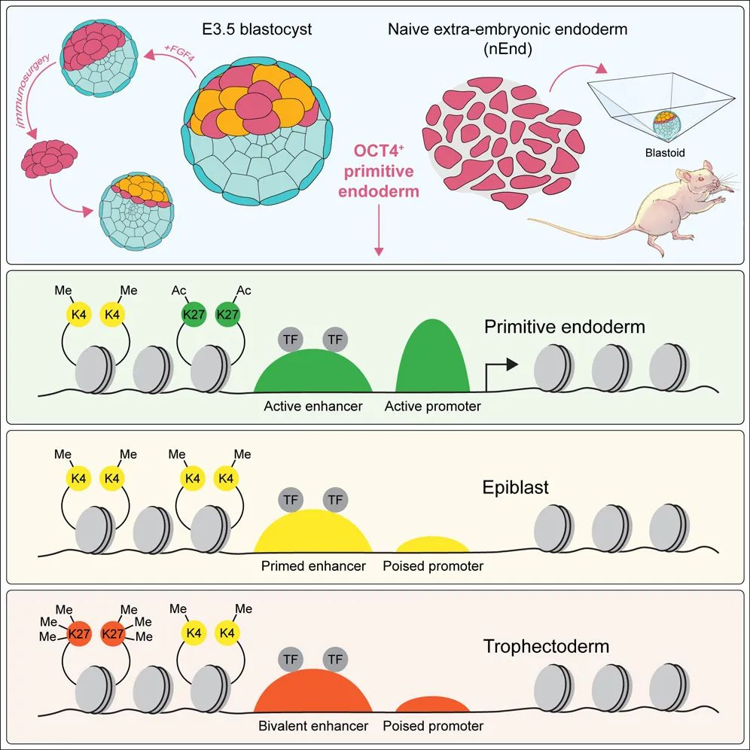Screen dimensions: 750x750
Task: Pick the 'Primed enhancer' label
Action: (x=313, y=566)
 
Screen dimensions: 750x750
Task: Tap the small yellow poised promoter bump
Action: (x=432, y=545)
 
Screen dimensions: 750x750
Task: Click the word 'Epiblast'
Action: (x=516, y=487)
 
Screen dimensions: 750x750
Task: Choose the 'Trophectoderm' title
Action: (x=546, y=646)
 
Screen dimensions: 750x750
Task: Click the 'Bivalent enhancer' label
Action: (x=313, y=726)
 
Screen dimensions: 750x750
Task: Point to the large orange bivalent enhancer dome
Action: (x=313, y=694)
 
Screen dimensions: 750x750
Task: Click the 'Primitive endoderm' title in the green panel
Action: (x=565, y=328)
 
